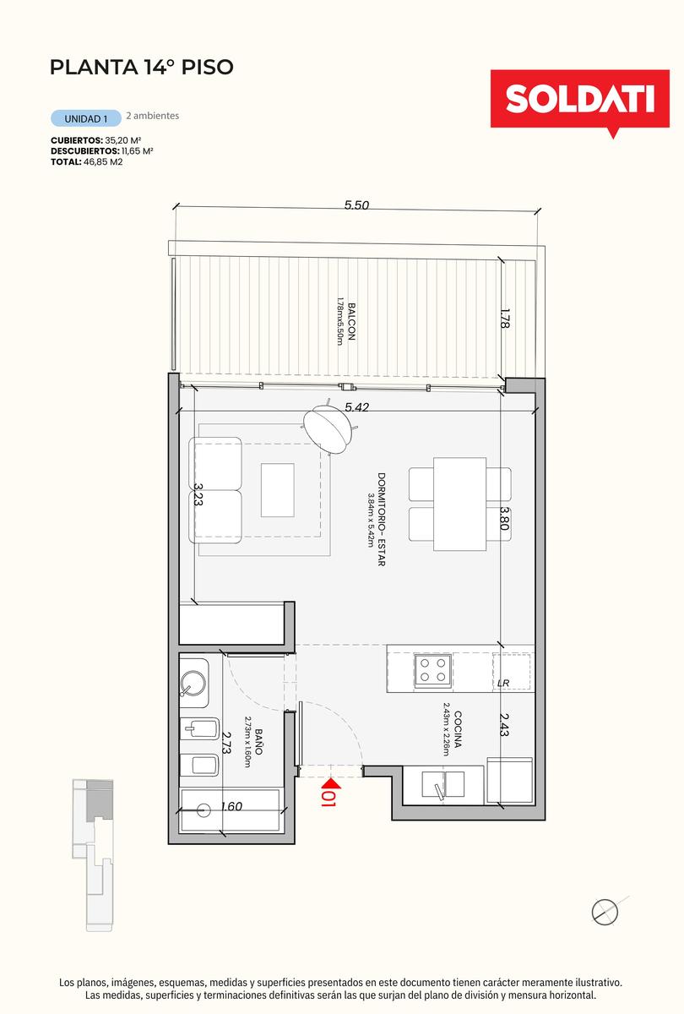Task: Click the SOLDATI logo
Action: (x=579, y=101)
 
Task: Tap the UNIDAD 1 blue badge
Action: (x=86, y=118)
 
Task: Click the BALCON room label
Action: (x=351, y=322)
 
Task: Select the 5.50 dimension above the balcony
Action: (x=356, y=205)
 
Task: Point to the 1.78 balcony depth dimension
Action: (x=505, y=319)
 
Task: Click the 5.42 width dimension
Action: (x=357, y=407)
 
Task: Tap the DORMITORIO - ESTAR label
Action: (x=382, y=520)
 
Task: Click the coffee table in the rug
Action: (x=277, y=490)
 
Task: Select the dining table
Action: (x=459, y=504)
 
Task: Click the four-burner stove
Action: (x=433, y=670)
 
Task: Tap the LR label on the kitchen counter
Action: (x=503, y=683)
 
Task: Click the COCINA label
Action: (x=458, y=729)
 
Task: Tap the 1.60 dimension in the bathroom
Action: (x=231, y=806)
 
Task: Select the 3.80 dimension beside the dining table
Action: (x=505, y=518)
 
